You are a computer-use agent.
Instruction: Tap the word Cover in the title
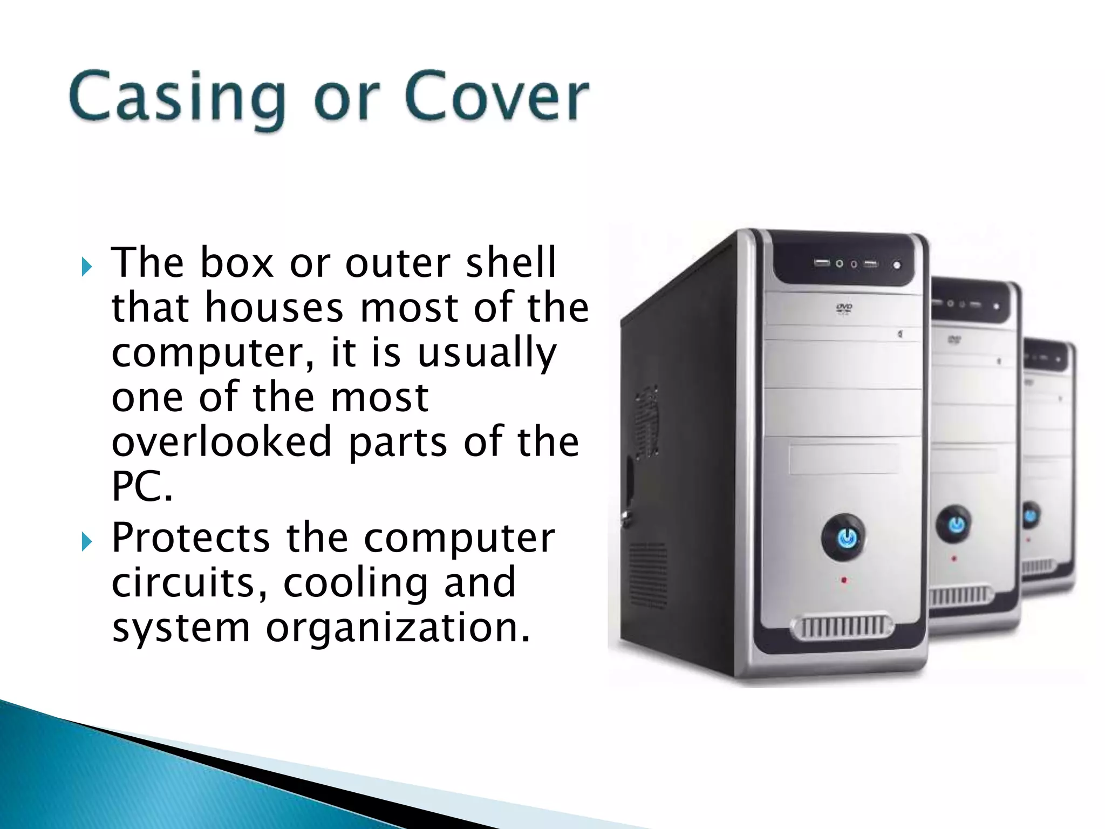click(x=496, y=97)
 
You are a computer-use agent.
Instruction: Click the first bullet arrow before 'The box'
click(x=87, y=267)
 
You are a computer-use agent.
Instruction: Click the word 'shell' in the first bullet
click(x=510, y=263)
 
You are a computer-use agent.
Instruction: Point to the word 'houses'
click(x=274, y=308)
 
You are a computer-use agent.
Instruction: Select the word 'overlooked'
click(x=221, y=442)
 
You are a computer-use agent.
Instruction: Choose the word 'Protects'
click(x=190, y=538)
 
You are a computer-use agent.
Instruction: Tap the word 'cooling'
click(x=356, y=583)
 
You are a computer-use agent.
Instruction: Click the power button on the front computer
click(x=847, y=538)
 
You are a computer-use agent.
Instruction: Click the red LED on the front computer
click(x=844, y=581)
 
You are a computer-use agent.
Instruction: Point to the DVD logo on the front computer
click(x=844, y=308)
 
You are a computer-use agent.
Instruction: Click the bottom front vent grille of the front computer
click(x=842, y=628)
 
